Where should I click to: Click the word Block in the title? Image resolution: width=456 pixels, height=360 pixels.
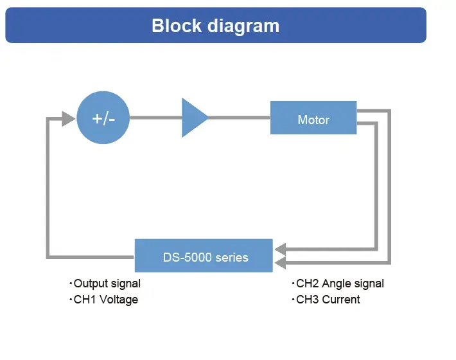click(178, 26)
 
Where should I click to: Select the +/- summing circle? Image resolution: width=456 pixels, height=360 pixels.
click(103, 118)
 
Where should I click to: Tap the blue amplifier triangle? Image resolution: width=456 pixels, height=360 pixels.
click(193, 118)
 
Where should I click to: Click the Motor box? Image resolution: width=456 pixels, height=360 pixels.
click(313, 120)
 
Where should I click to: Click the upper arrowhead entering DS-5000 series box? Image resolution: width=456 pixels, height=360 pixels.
click(280, 249)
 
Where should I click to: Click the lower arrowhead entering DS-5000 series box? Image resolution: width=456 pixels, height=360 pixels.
click(280, 263)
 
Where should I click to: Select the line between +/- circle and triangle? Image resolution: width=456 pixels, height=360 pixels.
click(155, 118)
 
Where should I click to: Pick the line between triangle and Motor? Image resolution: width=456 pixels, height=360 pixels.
click(239, 118)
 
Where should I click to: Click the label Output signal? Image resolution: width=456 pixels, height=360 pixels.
click(107, 283)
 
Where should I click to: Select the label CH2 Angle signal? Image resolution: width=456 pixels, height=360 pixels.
click(340, 283)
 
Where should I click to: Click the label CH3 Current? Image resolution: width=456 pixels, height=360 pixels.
click(328, 300)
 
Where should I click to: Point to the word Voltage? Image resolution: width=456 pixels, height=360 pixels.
click(118, 300)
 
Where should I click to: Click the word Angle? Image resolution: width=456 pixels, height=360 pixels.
click(337, 283)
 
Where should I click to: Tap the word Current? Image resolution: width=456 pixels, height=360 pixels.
click(341, 300)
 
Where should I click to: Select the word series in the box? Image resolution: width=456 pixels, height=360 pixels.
click(232, 257)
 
